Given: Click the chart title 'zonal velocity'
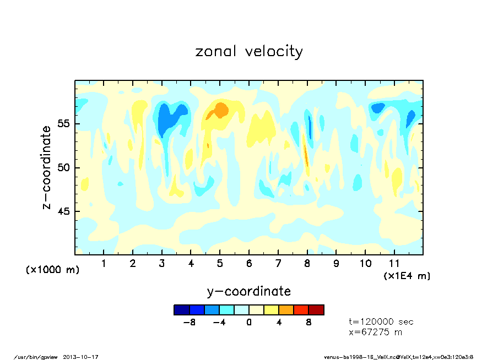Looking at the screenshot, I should coord(249,52).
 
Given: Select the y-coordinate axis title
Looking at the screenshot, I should coord(249,291).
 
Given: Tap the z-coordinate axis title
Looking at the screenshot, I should coord(47,167).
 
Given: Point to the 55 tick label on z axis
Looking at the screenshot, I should coord(64,124).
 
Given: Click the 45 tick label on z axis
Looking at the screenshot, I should coord(64,211).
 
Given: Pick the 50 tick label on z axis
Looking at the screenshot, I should coord(64,168).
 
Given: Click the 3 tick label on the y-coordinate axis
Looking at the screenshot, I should coord(162,263).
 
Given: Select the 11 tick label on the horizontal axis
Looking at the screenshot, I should coord(394,263).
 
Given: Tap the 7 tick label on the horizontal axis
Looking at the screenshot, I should coord(278,263).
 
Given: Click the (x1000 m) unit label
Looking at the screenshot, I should coord(53,270).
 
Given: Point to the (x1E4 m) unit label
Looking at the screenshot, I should coord(407,275).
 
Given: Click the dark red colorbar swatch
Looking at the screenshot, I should coord(316,310).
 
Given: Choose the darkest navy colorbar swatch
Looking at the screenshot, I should coord(181,310).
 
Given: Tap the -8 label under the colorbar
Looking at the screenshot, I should coord(190,323).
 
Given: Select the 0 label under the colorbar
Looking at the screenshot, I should coord(249,323).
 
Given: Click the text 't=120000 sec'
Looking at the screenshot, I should coord(381,322).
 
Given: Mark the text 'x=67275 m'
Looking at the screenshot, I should coord(376,332).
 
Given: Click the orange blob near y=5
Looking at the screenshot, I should coord(220,110).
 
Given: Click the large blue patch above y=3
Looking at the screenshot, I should coord(167,118).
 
